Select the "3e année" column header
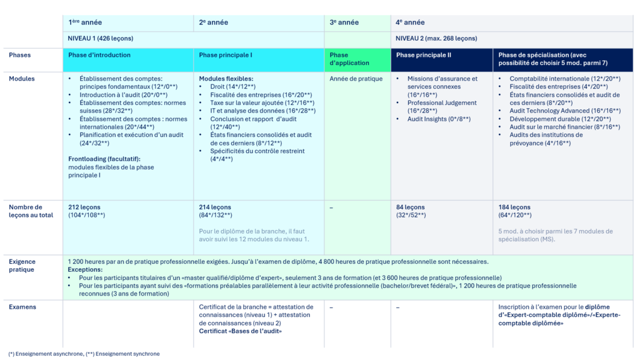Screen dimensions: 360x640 click(344, 22)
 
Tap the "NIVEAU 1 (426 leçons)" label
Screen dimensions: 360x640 click(101, 38)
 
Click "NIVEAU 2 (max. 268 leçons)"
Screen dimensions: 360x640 click(436, 38)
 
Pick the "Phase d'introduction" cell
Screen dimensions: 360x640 click(99, 55)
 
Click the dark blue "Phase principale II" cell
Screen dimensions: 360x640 click(423, 55)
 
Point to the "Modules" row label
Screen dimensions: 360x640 click(22, 79)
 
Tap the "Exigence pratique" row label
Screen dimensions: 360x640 click(22, 266)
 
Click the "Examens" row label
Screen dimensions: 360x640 click(22, 307)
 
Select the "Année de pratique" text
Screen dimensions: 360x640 click(356, 79)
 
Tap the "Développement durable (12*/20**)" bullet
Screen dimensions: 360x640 click(560, 119)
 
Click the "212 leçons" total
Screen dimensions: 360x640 click(84, 207)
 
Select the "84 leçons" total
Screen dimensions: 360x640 click(410, 207)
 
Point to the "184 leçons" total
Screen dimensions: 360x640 click(514, 207)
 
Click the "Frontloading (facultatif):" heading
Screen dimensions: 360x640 click(104, 159)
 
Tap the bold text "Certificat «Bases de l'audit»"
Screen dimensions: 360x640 click(240, 331)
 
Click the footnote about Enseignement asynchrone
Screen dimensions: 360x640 click(84, 354)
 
